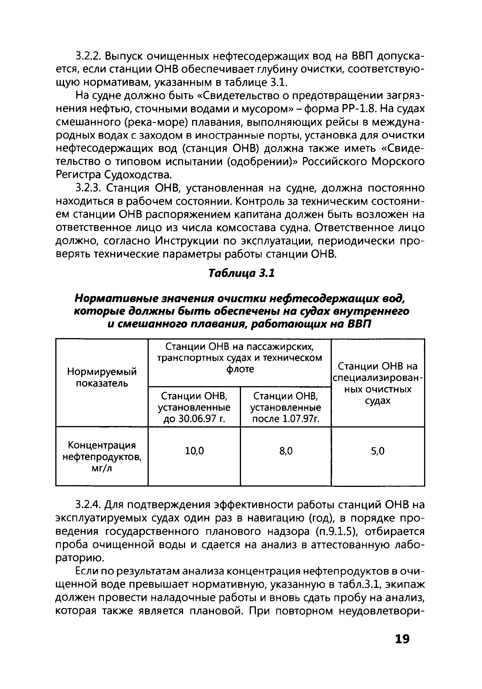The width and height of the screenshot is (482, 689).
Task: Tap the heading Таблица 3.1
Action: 241,273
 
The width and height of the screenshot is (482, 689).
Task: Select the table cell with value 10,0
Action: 194,451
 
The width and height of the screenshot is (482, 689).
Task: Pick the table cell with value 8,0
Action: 286,451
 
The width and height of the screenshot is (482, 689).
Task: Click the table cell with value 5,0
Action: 378,451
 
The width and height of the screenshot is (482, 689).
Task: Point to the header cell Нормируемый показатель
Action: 102,377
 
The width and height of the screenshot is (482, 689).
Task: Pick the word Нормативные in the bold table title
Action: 116,298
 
